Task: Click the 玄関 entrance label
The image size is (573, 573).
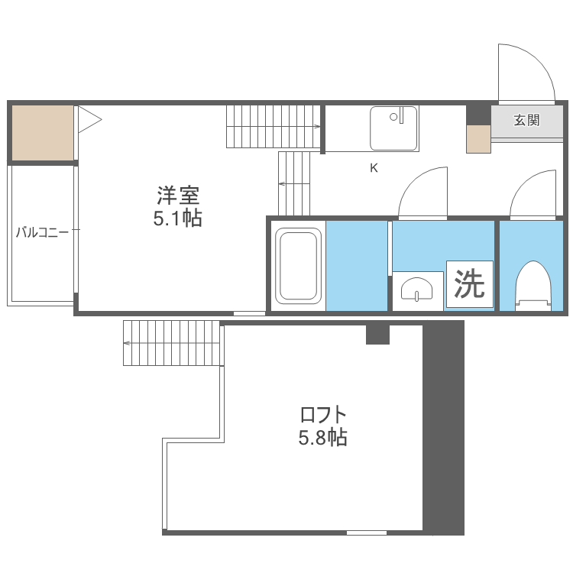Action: tap(526, 120)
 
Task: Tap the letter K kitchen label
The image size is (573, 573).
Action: tap(374, 168)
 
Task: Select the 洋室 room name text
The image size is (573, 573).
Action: tap(178, 196)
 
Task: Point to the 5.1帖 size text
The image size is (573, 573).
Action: tap(177, 219)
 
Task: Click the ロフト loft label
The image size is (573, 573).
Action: tap(323, 415)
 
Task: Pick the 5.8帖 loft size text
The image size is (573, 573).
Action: tap(322, 437)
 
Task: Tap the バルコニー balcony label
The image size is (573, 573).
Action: tap(42, 232)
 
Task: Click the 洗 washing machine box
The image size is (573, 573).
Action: tap(470, 284)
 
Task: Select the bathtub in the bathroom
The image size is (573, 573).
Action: tap(298, 266)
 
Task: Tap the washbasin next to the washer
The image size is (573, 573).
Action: tap(417, 290)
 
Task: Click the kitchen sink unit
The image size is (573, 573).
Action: tap(393, 128)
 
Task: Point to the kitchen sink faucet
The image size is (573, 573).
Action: tap(401, 115)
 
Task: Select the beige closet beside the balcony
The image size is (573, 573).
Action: tap(43, 133)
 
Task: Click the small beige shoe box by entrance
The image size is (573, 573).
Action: tap(478, 139)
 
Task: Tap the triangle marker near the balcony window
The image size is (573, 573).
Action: tap(89, 119)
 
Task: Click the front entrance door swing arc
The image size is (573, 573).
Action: tap(537, 60)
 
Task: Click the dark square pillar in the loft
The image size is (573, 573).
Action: tap(378, 335)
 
